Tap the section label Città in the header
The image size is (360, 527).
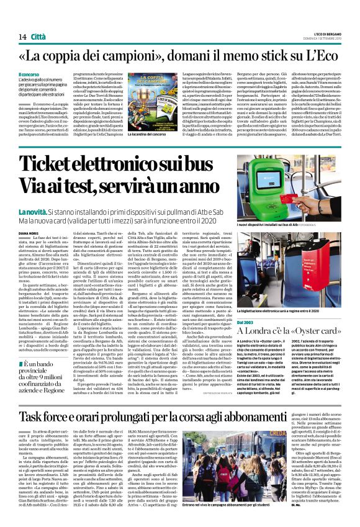[38, 20]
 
